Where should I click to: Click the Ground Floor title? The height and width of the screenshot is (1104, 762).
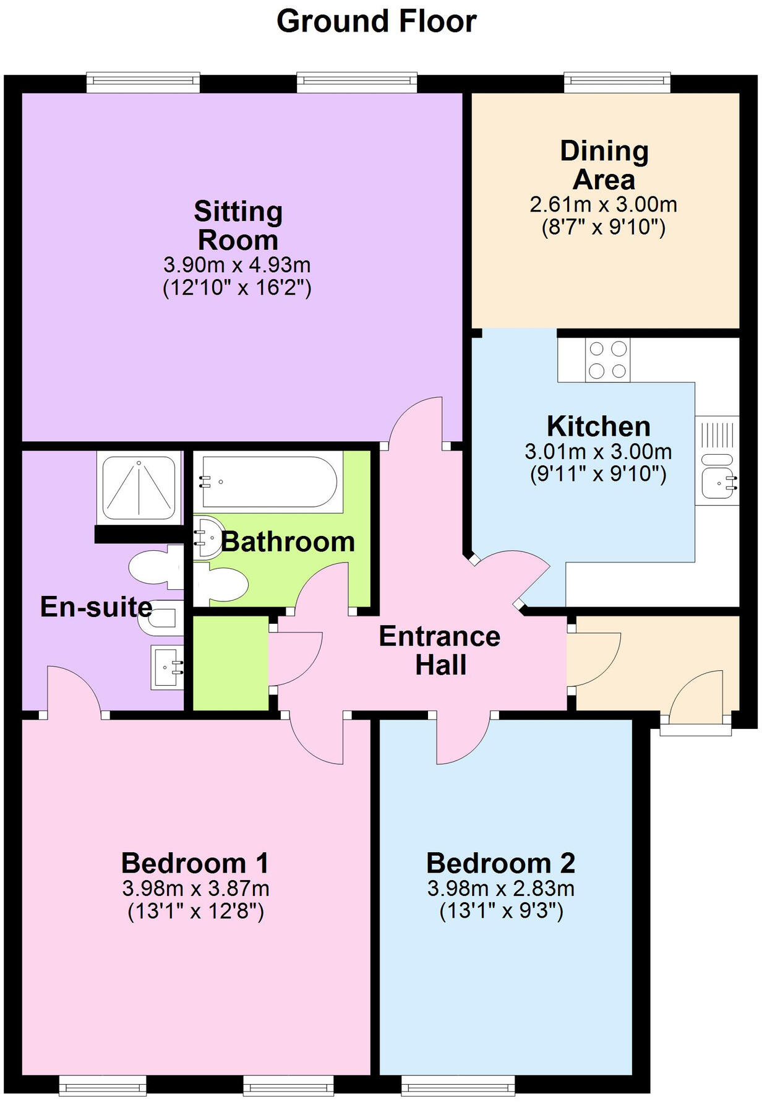coord(376,22)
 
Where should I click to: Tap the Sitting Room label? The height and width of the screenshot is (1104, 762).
coord(238,226)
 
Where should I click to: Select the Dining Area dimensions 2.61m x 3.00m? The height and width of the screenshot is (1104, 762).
coord(603,204)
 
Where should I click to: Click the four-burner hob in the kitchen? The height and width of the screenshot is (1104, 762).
coord(607,360)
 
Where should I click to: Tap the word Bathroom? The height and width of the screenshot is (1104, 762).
coord(288,542)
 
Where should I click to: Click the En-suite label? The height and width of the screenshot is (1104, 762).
coord(96,607)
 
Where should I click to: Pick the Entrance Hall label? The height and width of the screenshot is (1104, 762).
coord(440,650)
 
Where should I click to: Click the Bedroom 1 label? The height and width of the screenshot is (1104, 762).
coord(195,863)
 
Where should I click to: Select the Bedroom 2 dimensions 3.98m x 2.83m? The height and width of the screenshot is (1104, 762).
coord(501,889)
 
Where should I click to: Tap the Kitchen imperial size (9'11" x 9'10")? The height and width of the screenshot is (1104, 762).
coord(598,475)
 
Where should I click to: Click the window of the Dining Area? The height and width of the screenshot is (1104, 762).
coord(617,82)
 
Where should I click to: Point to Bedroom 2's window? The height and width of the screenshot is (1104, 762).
coord(458,1084)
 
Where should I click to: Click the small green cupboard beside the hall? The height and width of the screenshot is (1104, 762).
coord(231,663)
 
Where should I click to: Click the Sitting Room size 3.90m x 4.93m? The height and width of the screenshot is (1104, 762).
coord(237,265)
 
